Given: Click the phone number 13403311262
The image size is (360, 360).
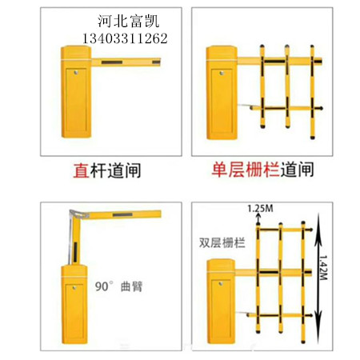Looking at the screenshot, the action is (x=125, y=38).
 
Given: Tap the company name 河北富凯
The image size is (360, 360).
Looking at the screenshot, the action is (x=128, y=21).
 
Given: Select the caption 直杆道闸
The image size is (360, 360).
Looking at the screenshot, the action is (x=107, y=170).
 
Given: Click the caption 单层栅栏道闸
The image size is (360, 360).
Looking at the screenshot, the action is (x=262, y=170).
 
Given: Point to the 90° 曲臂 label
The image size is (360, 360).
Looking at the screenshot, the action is (x=119, y=286).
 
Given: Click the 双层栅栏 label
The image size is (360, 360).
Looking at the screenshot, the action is (x=222, y=242).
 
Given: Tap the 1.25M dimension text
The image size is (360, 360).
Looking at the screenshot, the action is (x=260, y=208).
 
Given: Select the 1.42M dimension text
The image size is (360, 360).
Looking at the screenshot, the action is (x=323, y=267).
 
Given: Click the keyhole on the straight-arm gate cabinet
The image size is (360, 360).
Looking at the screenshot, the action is (x=76, y=72).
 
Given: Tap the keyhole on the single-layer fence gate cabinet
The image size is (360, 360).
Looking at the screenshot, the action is (x=222, y=73).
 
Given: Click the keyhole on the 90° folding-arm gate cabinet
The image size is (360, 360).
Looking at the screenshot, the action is (x=74, y=288).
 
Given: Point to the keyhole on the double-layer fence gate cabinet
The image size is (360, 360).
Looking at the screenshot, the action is (x=221, y=284).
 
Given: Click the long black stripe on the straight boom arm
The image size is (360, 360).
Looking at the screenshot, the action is (x=112, y=62).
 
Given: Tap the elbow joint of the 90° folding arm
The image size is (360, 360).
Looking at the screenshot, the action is (x=79, y=214).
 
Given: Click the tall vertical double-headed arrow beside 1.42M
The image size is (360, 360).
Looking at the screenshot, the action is (x=318, y=278).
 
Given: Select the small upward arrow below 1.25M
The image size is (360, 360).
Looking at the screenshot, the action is (x=258, y=219).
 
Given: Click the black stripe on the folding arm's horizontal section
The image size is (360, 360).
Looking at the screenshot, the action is (x=122, y=214).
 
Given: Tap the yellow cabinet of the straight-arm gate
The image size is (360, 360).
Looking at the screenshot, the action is (x=76, y=92).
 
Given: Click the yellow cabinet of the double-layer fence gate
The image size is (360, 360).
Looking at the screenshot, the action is (x=221, y=302).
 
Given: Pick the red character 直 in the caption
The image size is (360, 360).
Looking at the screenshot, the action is (x=81, y=170).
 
